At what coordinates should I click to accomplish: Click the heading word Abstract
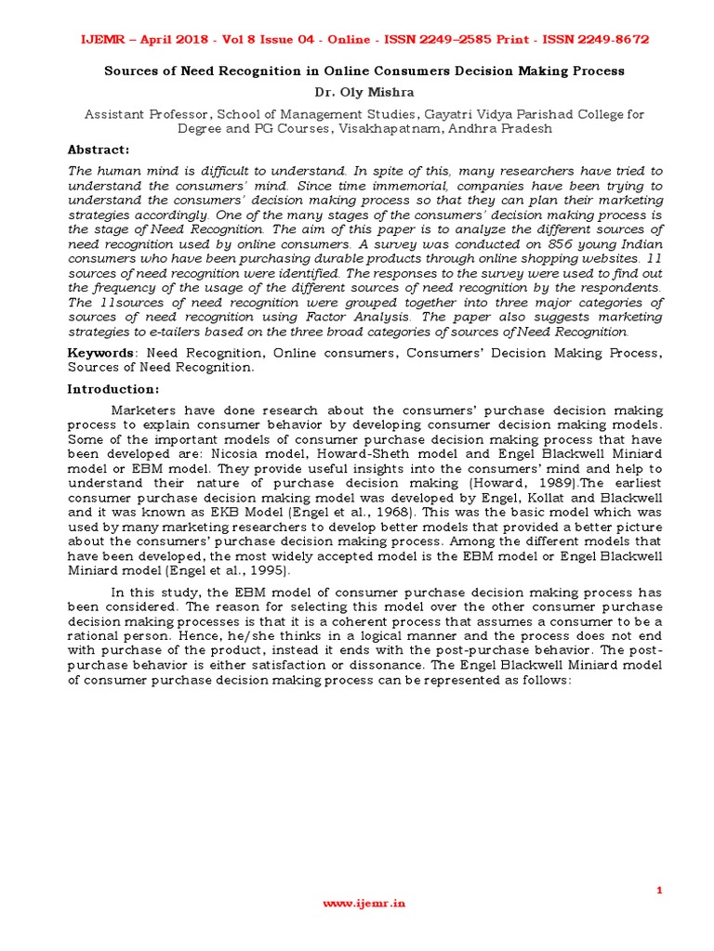(99, 150)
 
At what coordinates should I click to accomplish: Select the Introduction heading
(112, 389)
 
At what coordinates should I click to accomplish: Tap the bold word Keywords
(100, 353)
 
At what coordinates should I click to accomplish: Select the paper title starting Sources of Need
(364, 71)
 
